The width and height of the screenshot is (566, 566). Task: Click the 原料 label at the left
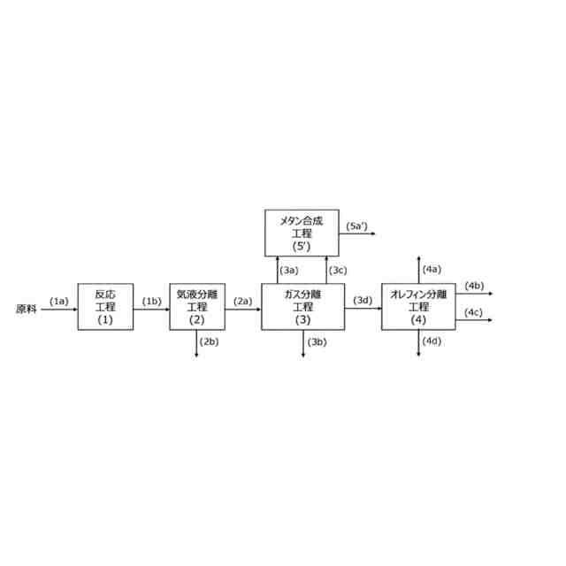27,310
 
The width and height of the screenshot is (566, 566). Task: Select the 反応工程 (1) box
105,307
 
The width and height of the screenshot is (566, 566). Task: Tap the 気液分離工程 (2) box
197,307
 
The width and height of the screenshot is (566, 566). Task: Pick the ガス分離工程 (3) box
302,307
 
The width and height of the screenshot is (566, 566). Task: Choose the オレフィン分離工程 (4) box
418,307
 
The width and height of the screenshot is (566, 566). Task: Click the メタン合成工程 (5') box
302,233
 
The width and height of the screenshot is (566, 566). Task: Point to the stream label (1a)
59,301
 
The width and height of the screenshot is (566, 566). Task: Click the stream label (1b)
152,301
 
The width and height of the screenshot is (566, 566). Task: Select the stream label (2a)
243,301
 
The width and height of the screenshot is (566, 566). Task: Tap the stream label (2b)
210,341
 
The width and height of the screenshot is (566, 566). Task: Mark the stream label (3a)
289,269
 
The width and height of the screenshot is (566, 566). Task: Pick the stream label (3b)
317,341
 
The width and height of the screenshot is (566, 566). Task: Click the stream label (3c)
339,269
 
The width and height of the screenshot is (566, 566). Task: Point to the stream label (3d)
363,301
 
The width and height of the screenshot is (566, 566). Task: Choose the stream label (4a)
432,268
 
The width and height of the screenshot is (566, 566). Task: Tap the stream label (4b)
474,285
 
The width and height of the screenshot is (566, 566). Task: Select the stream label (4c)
474,311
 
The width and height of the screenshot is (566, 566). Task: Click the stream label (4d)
432,341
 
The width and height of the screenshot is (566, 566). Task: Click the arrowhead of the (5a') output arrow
375,233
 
